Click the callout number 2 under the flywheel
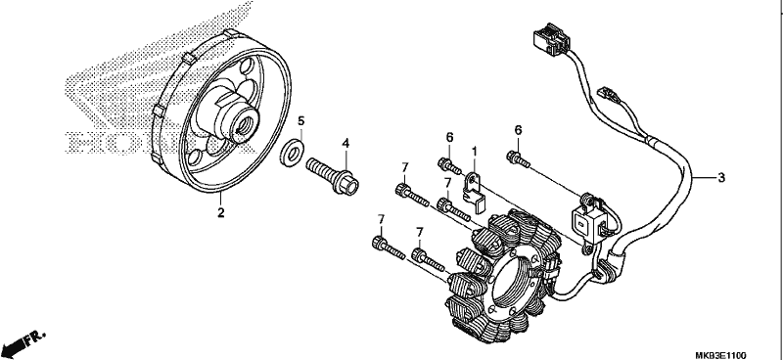[221, 212]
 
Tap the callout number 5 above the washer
[301, 121]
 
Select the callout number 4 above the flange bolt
[345, 144]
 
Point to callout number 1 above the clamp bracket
[475, 150]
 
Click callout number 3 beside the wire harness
[721, 177]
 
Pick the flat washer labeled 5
[291, 154]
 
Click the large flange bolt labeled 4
[333, 176]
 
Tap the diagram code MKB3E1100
[720, 355]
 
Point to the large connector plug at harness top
[550, 38]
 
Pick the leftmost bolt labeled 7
[388, 247]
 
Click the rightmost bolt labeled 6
[518, 159]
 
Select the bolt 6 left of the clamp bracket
[449, 166]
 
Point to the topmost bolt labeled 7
[412, 195]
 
